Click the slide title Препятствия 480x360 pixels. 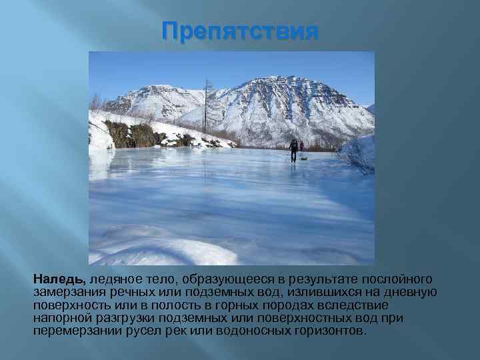[x=241, y=31]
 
